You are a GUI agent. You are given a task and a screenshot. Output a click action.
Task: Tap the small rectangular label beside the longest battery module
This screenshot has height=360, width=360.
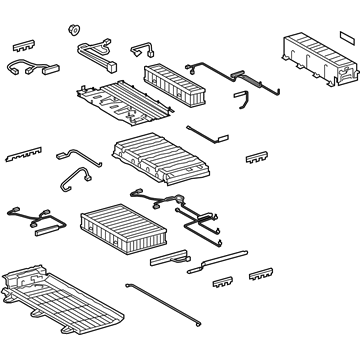pyautogui.click(x=346, y=35)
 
